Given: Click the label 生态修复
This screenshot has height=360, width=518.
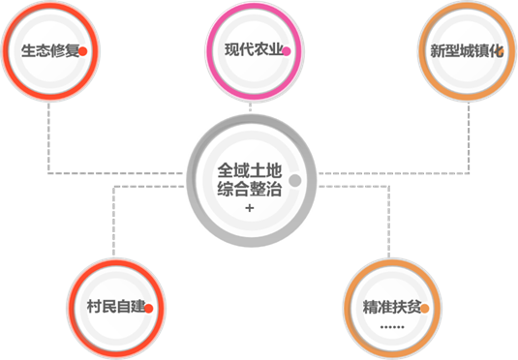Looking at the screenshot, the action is point(50,51).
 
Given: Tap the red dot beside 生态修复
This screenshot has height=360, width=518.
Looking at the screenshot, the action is point(83,51).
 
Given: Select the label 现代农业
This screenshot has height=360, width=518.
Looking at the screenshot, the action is point(254,50).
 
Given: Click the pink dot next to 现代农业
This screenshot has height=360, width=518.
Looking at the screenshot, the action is point(287,51).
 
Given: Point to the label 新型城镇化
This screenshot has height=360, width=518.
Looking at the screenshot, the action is point(467,51).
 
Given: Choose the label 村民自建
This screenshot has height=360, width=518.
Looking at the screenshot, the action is point(116,306).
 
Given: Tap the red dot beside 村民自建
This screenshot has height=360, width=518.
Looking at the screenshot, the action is point(149,309).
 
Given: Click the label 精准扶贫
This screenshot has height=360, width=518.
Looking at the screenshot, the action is point(392,307).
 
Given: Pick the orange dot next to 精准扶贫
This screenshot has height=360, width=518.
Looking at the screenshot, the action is point(425,309).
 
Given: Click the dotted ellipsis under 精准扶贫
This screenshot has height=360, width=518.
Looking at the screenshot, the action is point(392,327).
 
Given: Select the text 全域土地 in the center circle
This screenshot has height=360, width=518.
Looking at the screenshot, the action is point(250,170).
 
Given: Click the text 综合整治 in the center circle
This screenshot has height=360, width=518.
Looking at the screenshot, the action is point(250,190).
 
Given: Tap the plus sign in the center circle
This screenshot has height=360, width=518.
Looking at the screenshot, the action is point(250,208).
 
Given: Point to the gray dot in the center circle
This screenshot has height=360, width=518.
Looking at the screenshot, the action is point(294,180).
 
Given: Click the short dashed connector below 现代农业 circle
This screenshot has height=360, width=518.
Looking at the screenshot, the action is point(250,107).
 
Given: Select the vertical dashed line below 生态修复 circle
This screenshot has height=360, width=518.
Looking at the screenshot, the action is point(48,137).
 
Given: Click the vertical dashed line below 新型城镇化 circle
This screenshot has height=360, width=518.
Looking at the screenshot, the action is point(469,137).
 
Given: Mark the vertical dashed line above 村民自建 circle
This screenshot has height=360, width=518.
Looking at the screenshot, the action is point(113,222).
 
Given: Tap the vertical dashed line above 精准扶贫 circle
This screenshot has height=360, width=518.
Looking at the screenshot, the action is point(389,222).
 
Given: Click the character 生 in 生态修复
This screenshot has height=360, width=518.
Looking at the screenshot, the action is point(29,51).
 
